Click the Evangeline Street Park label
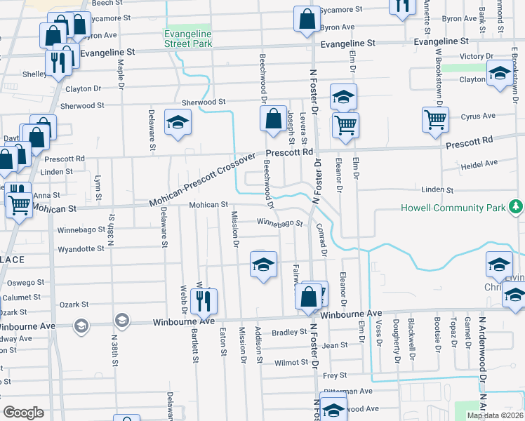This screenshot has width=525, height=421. coord(187,39)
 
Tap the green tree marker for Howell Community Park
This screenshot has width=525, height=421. coord(516,206)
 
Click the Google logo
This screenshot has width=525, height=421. coord(23,412)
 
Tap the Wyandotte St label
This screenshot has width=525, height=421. coord(81,248)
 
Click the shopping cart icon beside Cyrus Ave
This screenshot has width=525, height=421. coord(435,119)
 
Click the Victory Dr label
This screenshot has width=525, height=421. coord(477,56)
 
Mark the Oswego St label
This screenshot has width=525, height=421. coord(25,283)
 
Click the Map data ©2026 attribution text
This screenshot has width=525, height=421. coord(496,415)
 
